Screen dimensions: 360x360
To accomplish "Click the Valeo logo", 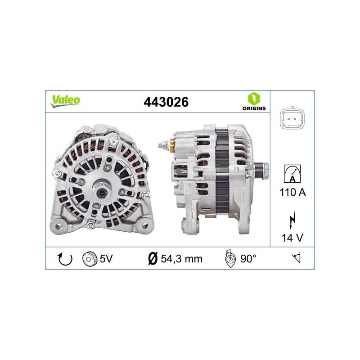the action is coord(66,101).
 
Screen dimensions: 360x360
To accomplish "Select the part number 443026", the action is coord(166,102).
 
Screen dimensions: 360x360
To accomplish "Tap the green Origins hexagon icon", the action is coord(254,99).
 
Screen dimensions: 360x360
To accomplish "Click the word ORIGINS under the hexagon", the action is coord(254,108).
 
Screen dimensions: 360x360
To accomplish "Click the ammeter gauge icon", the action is coord(292,174).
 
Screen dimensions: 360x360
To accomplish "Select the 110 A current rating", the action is coord(293,192).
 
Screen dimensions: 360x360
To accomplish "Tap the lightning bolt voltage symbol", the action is coord(292,219).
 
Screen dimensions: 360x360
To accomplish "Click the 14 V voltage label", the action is coord(292,238).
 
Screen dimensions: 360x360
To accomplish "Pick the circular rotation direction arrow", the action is coord(65,259).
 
